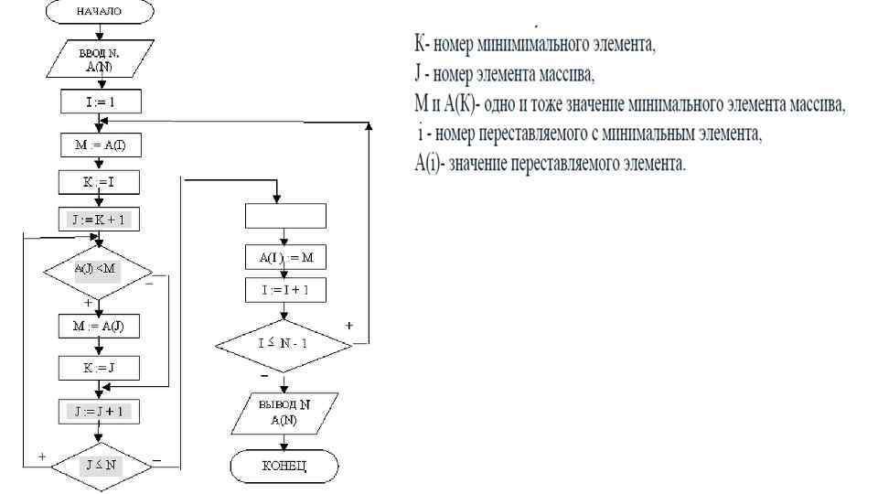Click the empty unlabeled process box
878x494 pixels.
pyautogui.click(x=285, y=215)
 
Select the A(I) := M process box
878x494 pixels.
pyautogui.click(x=285, y=258)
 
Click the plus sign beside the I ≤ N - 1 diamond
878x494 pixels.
pyautogui.click(x=349, y=325)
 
